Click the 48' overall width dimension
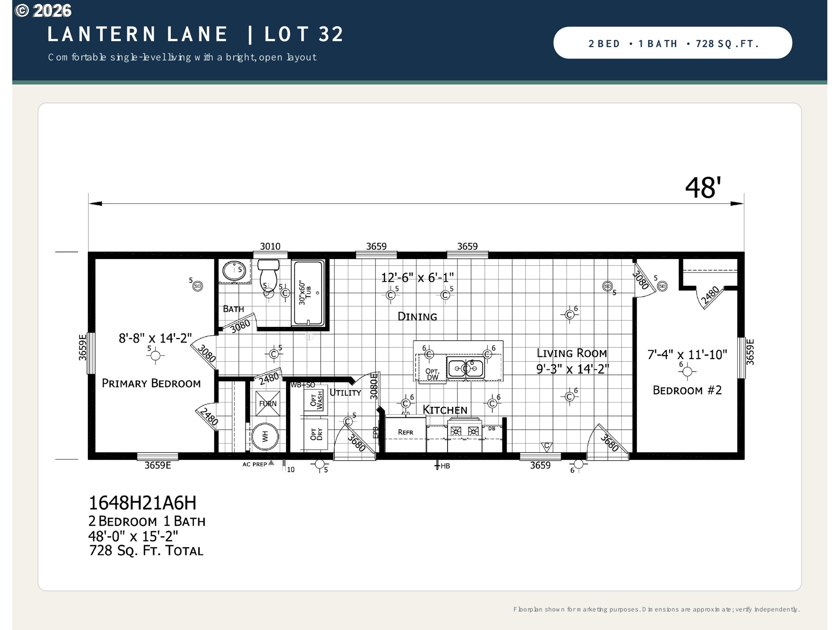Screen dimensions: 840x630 point(703,188)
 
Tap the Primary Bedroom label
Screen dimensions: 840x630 point(151,383)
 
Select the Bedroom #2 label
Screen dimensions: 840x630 point(687,390)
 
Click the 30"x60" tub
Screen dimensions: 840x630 point(309,293)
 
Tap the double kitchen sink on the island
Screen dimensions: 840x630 point(465,368)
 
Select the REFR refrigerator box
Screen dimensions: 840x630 point(406,434)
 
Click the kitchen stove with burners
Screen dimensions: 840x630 point(465,434)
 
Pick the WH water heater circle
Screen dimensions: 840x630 point(265,436)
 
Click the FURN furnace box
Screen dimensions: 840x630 point(268,403)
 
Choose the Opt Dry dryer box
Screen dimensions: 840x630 point(316,434)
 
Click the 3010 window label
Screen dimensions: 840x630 point(270,246)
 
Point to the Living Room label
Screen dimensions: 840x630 point(572,353)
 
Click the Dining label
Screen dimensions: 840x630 point(417,316)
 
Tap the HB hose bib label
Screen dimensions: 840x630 point(445,466)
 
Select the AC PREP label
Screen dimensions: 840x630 point(255,464)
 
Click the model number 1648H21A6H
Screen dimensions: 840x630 point(143,503)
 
